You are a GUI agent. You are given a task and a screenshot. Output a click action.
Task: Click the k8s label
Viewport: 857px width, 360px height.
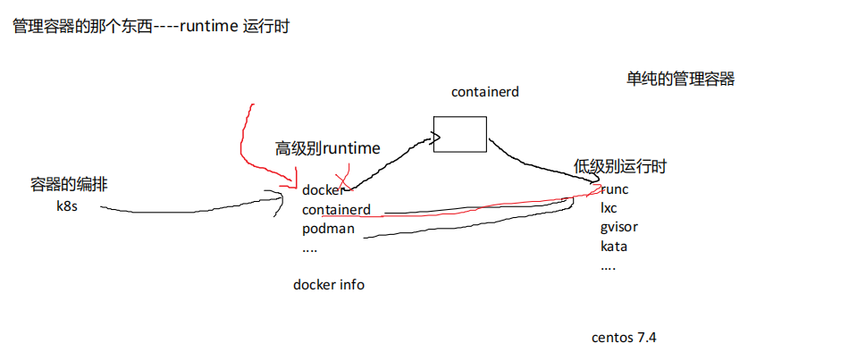coord(67,207)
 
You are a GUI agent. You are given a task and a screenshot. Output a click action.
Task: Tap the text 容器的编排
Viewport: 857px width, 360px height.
coord(69,185)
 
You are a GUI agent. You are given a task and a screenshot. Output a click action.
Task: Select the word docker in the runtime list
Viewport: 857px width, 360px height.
coord(323,190)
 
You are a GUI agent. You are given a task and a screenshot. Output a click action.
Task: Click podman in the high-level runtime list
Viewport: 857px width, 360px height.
coord(329,229)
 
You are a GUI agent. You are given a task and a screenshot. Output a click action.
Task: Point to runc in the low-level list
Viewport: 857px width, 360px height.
coord(614,190)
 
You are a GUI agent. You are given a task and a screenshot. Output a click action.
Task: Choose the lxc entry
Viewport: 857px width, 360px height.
coord(609,209)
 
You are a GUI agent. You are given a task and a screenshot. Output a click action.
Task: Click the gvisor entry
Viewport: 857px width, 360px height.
coord(618,227)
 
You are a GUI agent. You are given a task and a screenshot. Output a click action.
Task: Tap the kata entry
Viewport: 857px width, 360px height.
coord(613,247)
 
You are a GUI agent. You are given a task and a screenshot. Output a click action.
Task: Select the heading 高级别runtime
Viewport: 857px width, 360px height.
coord(327,148)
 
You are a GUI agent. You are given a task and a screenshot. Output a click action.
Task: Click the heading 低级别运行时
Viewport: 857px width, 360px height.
coord(620,167)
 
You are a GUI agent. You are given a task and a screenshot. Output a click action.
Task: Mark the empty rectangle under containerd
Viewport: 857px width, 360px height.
coord(459,134)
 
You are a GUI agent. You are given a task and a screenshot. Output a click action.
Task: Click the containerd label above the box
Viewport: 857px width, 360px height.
coord(484,92)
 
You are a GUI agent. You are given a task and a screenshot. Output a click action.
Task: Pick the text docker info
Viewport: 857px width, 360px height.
coord(329,285)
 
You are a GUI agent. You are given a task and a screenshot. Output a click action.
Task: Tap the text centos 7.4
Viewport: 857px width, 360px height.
coord(624,338)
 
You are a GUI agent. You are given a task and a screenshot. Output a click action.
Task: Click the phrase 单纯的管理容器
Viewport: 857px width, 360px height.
coord(680,80)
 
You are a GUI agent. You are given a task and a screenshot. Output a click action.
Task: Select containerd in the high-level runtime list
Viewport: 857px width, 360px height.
coord(336,210)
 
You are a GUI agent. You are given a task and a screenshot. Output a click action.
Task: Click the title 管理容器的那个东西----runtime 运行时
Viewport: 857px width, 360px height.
coord(150,28)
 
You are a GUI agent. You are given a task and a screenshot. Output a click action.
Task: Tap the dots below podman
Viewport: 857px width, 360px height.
coord(309,250)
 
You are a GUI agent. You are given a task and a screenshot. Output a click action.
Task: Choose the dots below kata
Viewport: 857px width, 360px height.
coord(608,269)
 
